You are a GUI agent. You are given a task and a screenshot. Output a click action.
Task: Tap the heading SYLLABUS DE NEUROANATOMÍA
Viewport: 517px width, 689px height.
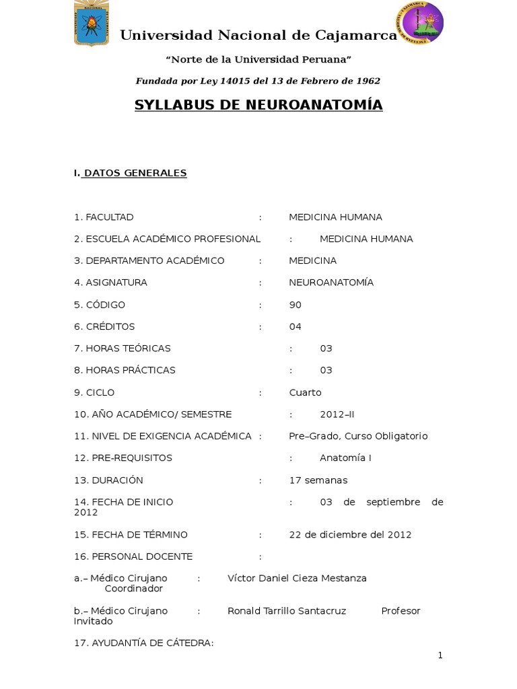[x=258, y=105]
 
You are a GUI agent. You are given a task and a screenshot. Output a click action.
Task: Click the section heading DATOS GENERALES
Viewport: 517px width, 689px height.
[x=135, y=173]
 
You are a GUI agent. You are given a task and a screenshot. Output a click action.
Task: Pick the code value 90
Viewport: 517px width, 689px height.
[x=295, y=305]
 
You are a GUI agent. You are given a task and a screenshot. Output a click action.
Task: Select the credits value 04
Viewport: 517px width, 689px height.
[x=295, y=326]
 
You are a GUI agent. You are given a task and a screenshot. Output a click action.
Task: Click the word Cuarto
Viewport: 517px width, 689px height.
[x=305, y=392]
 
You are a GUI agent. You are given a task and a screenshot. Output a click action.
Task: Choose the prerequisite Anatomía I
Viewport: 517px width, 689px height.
[x=345, y=458]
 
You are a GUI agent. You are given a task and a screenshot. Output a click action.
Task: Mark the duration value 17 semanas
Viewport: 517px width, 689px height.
[x=318, y=480]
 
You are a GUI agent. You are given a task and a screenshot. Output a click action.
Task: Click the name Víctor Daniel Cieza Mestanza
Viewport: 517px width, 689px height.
[x=297, y=578]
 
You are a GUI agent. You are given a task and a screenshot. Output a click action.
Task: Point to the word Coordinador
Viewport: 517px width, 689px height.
[x=134, y=589]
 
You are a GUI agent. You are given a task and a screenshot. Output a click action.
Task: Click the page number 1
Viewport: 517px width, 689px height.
[x=440, y=655]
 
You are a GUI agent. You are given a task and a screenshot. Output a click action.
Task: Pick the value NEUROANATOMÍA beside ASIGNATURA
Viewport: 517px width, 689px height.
[x=331, y=283]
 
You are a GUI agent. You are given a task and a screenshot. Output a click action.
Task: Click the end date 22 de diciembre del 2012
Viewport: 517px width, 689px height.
[x=350, y=534]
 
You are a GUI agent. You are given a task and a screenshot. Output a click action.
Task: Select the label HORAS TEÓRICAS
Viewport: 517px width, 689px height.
[x=128, y=349]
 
